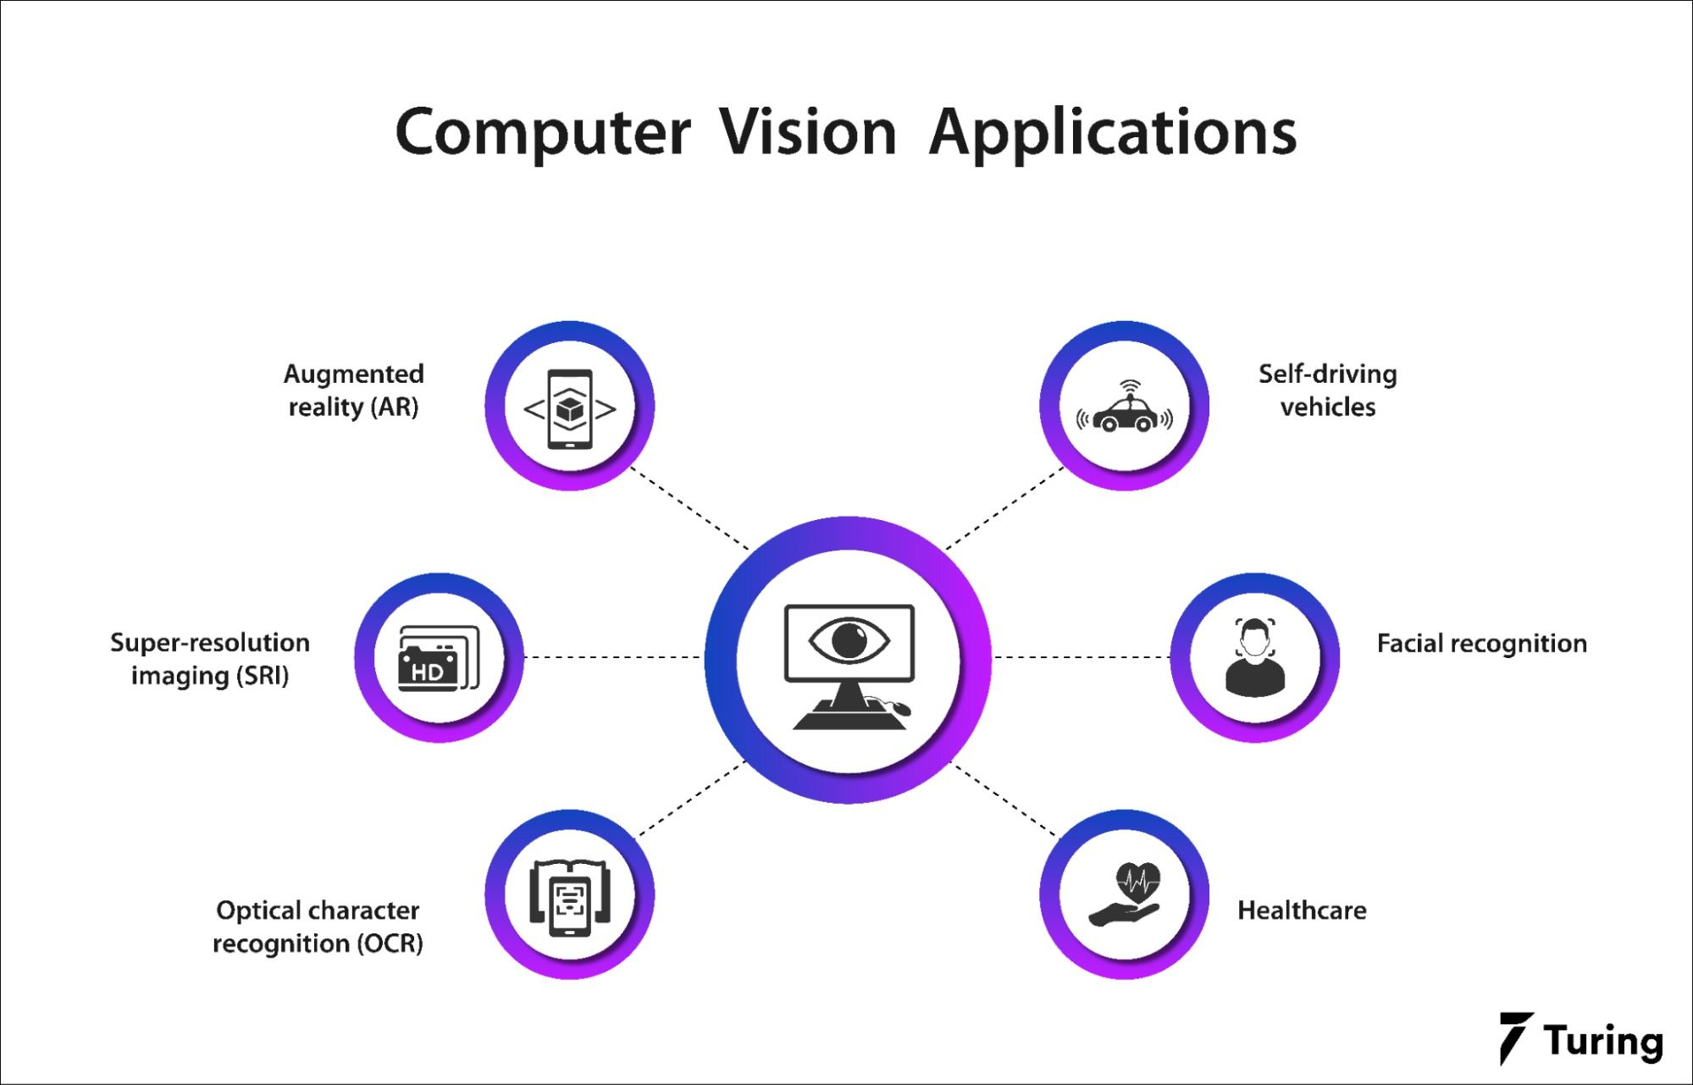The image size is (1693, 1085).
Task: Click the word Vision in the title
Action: point(808,133)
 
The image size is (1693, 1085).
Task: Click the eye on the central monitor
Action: point(849,639)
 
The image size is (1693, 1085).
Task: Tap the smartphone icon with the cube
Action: point(569,408)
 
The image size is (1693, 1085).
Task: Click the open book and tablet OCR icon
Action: point(569,897)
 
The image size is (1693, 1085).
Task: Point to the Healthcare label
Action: point(1302,911)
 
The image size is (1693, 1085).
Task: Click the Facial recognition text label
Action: point(1481,644)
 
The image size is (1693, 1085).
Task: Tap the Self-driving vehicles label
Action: point(1327,390)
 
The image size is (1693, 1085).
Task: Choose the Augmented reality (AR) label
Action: point(353,390)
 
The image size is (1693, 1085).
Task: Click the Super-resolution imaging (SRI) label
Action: point(210,659)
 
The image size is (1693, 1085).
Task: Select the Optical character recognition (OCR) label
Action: point(318,927)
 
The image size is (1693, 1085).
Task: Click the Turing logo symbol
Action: point(1515,1037)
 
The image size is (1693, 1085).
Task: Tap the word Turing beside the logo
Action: point(1602,1041)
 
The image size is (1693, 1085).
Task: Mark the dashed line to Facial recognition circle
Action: point(1082,657)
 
